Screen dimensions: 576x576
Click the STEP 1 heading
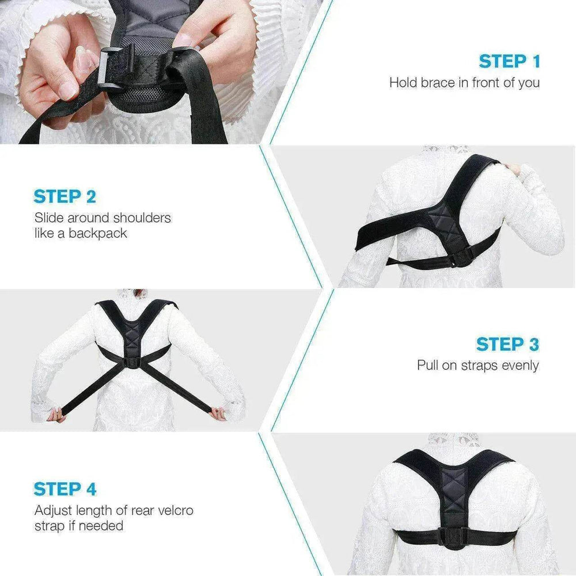coord(509,61)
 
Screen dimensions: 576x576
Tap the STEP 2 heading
coord(65,196)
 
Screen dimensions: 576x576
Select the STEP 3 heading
coord(507,344)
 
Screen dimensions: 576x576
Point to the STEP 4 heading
coord(65,489)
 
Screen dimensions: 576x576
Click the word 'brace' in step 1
coord(437,82)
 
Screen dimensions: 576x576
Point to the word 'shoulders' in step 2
coord(142,218)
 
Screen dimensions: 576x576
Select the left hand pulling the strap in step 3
coord(56,414)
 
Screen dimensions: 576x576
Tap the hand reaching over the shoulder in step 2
coord(511,169)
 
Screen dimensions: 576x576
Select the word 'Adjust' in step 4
coord(53,510)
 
